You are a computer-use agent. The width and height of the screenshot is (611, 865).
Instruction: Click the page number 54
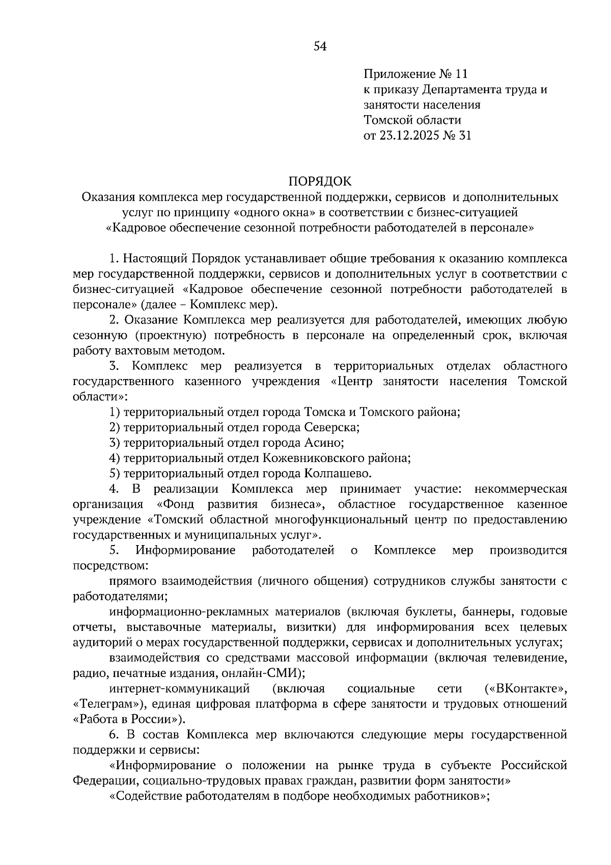319,47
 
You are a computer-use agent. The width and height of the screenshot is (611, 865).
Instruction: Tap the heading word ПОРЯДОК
320,182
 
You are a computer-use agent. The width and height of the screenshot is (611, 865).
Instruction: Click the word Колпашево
338,473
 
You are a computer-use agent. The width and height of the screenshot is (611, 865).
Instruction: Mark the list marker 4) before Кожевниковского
115,458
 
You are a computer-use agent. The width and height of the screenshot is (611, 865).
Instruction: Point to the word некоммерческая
520,489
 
